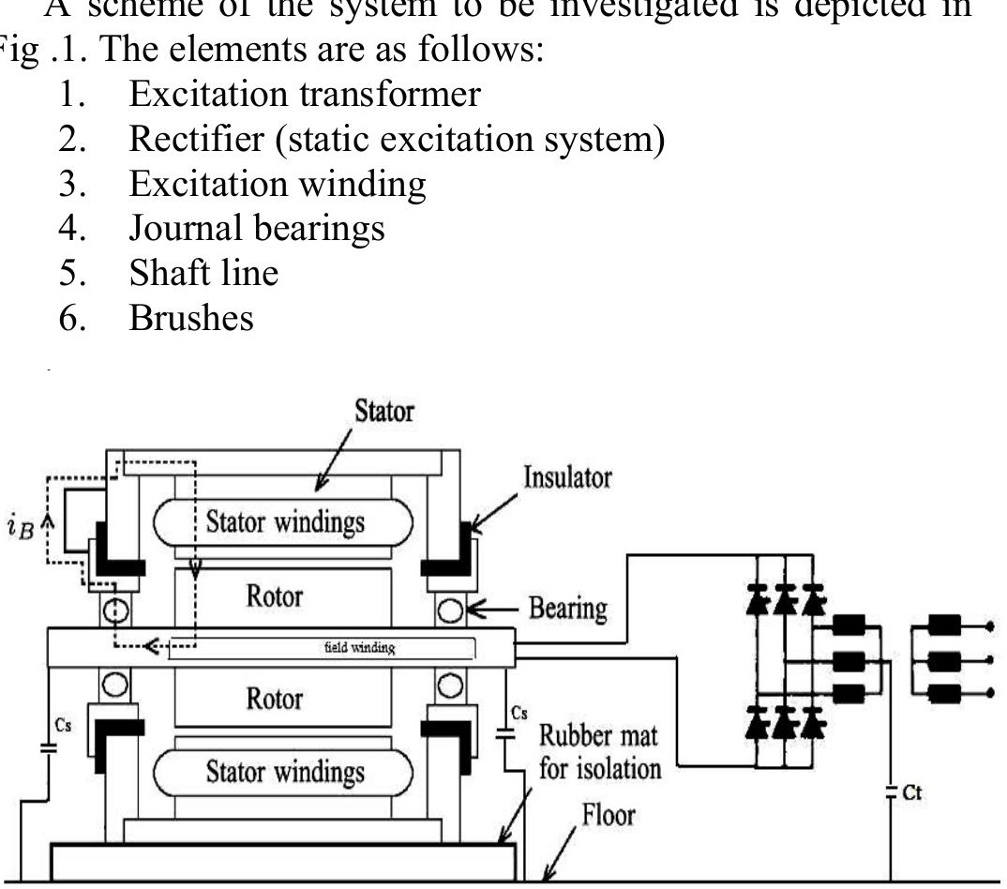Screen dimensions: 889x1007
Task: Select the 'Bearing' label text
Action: (568, 610)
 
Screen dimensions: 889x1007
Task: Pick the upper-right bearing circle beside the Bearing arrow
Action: (448, 611)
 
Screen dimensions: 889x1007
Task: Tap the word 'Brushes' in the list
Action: (192, 319)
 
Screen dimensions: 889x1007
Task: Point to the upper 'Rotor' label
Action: (275, 597)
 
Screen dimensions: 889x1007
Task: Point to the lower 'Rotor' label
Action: (275, 699)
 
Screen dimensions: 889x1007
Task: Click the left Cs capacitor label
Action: (59, 725)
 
